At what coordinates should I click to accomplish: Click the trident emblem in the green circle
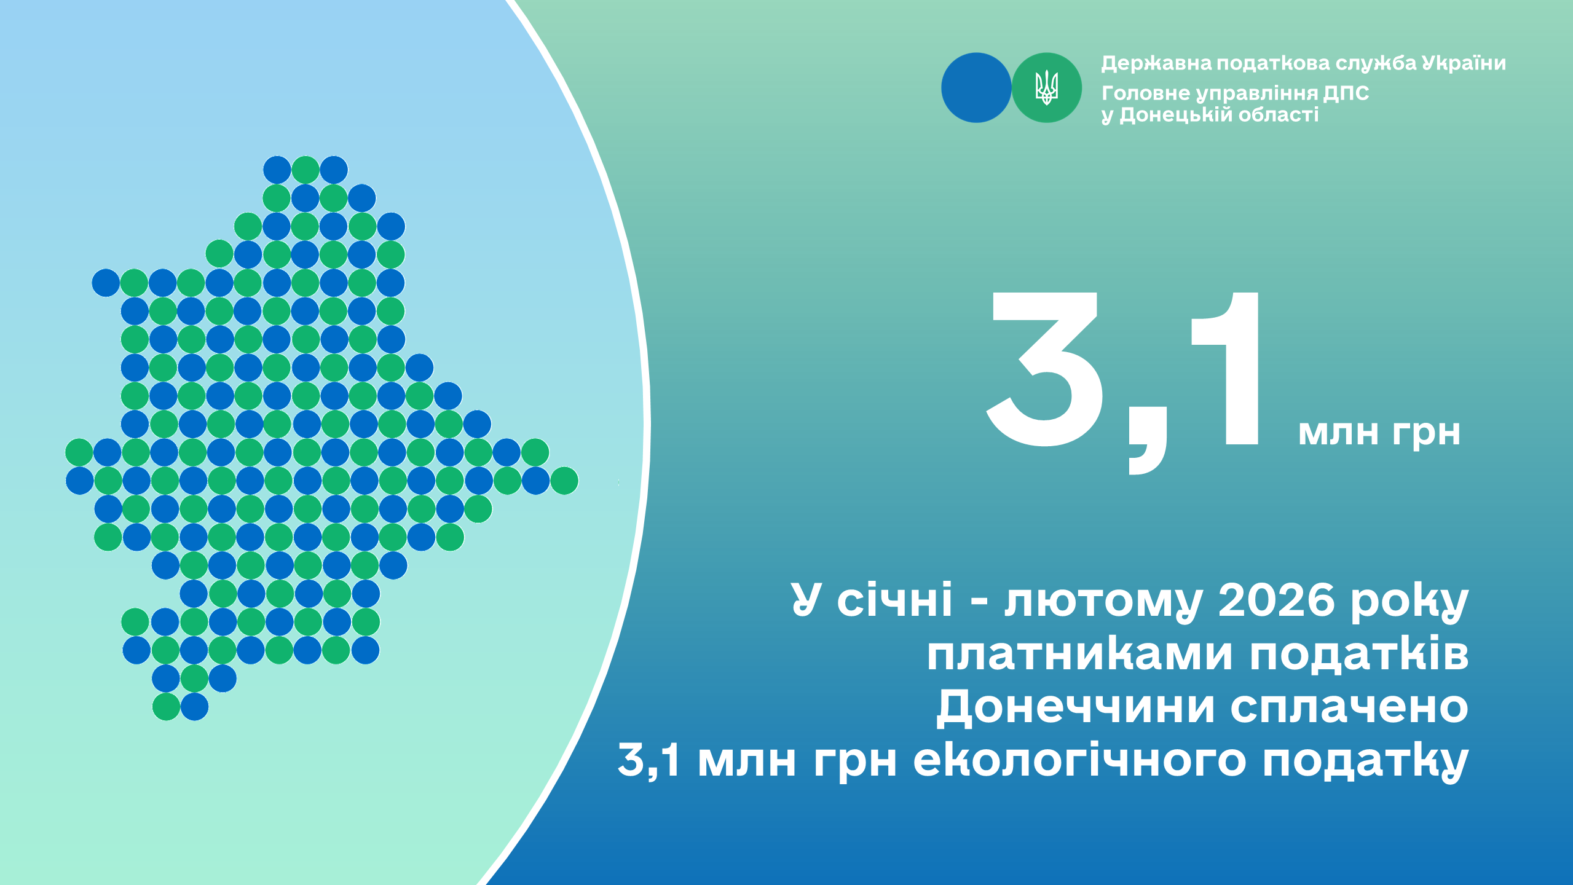[x=1046, y=87]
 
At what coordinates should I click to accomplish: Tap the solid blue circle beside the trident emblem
[x=976, y=87]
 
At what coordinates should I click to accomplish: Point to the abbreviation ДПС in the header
[x=1346, y=93]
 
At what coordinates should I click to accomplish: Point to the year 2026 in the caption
[x=1276, y=599]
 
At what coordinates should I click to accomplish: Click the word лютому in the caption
[x=1103, y=602]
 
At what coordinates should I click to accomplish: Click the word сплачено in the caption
[x=1349, y=707]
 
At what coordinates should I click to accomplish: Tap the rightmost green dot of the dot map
[x=564, y=481]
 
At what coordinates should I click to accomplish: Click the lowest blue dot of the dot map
[x=195, y=707]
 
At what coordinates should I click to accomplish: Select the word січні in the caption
[x=894, y=599]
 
